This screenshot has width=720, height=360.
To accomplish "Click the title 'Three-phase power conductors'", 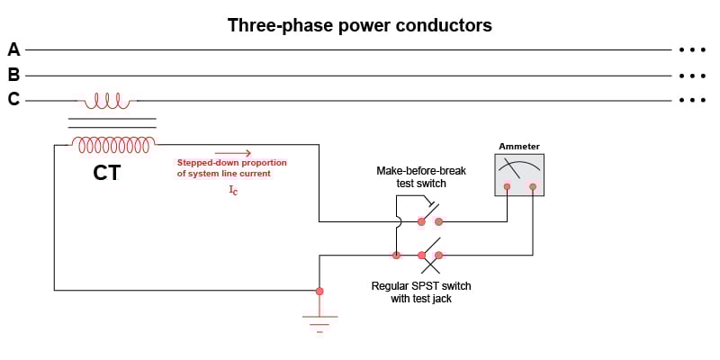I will pos(360,25).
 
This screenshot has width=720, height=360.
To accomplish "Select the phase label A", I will pos(13,49).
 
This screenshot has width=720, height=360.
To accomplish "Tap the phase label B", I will pos(13,75).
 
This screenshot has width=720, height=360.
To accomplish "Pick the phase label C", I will pos(13,100).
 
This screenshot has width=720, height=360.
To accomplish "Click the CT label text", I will pos(106,172).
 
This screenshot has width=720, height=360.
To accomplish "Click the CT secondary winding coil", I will pos(113,143).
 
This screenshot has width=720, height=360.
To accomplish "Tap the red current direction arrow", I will pos(232,153).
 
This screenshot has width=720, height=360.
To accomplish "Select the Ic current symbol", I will pos(233,190).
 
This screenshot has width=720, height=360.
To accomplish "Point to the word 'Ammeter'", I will pos(519,146).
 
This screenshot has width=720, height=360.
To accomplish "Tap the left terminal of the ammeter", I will pos(508,187).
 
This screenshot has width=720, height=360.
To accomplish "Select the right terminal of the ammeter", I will pos(533,187).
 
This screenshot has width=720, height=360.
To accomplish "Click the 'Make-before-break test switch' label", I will pos(421,176).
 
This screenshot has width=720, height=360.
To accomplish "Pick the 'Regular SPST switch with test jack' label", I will pos(421,292).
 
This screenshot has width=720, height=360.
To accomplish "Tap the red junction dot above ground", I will pos(319,291).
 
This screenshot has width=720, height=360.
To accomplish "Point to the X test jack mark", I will pos(432,265).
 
